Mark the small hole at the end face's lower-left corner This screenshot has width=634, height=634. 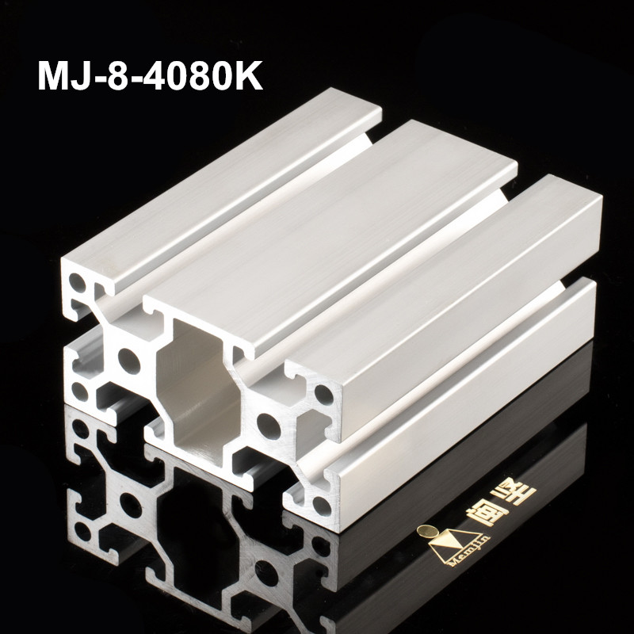[x=82, y=390]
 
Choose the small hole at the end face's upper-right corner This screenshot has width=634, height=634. [x=323, y=393]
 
